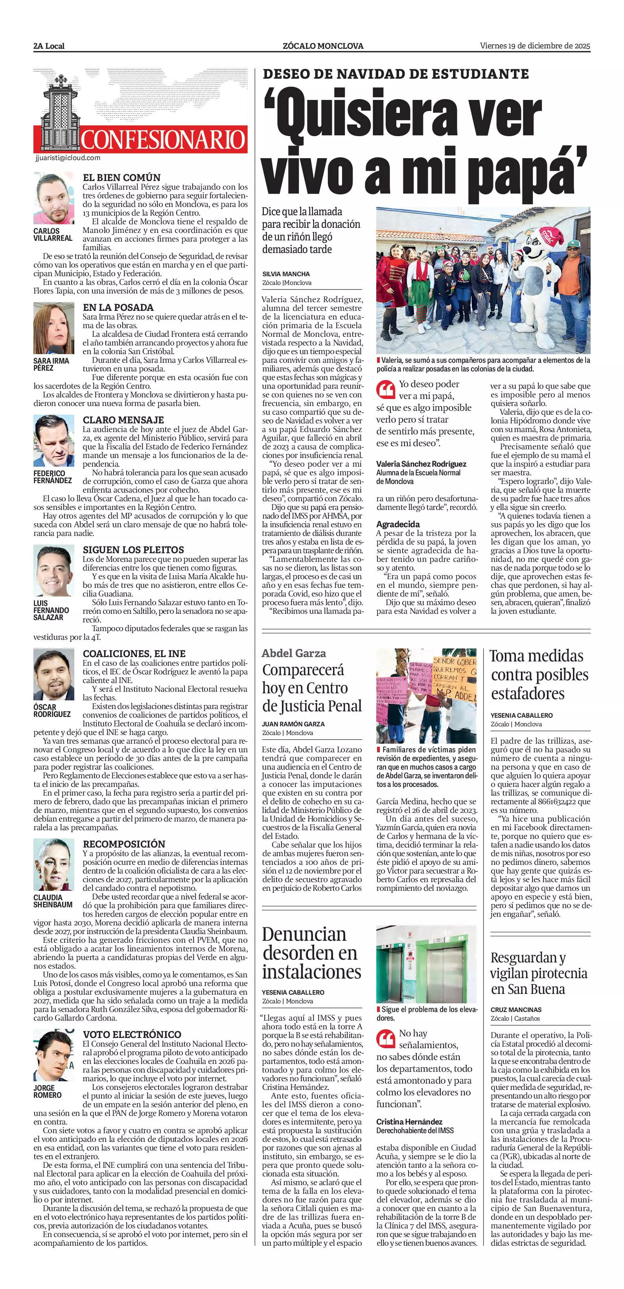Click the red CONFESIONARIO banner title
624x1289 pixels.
163,140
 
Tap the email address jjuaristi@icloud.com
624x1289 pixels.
68,158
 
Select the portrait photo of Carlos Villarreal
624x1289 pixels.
53,198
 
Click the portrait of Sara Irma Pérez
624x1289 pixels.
53,328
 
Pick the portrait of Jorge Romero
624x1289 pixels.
53,1056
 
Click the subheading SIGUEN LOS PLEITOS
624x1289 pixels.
133,549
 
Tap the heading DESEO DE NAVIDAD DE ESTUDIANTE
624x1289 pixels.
396,74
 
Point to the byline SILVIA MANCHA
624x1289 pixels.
286,274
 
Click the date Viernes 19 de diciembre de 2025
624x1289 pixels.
535,46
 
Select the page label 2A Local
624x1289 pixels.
49,46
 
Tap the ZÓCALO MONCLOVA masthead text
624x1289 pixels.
323,46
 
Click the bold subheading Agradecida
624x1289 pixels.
398,524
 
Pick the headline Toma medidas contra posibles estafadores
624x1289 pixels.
539,674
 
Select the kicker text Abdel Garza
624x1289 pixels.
293,653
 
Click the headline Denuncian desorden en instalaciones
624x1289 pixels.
311,952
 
